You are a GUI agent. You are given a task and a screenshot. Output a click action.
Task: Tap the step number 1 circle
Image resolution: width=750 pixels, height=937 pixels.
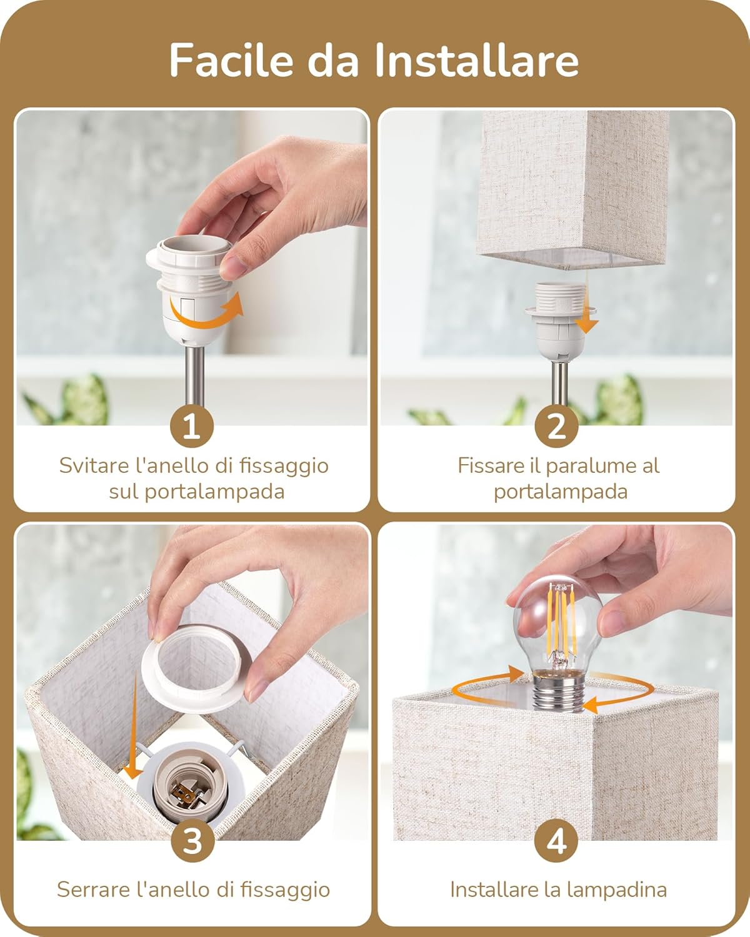tap(192, 427)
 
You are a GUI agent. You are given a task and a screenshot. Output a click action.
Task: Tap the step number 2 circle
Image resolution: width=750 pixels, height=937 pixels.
tap(556, 427)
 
